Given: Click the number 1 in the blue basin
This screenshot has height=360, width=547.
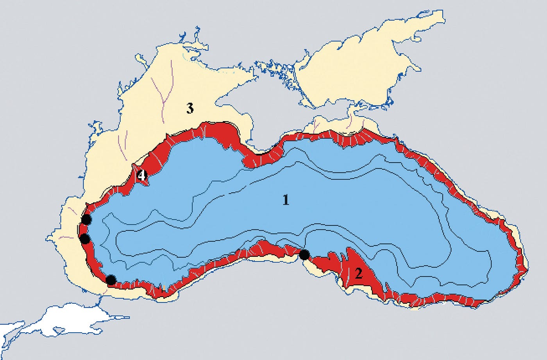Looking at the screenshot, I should point(286,200).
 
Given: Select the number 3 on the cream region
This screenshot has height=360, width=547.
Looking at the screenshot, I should point(189,109).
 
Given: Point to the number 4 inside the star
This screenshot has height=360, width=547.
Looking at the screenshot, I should point(141,176).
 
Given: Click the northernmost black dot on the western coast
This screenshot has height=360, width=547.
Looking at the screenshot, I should point(86,220).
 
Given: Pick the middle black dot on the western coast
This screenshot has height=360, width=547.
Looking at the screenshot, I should point(85,238).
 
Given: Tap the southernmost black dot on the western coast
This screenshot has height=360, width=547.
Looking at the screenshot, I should point(111,279).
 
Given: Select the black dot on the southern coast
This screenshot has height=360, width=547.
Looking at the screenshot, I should point(304,255).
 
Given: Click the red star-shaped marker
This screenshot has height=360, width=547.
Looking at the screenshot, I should point(141,176).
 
